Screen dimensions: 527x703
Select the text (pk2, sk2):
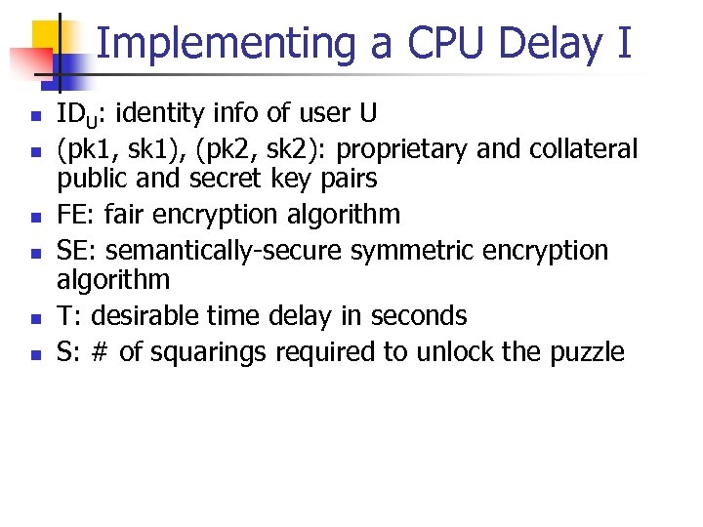(229, 149)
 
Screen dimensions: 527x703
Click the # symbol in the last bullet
(100, 351)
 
